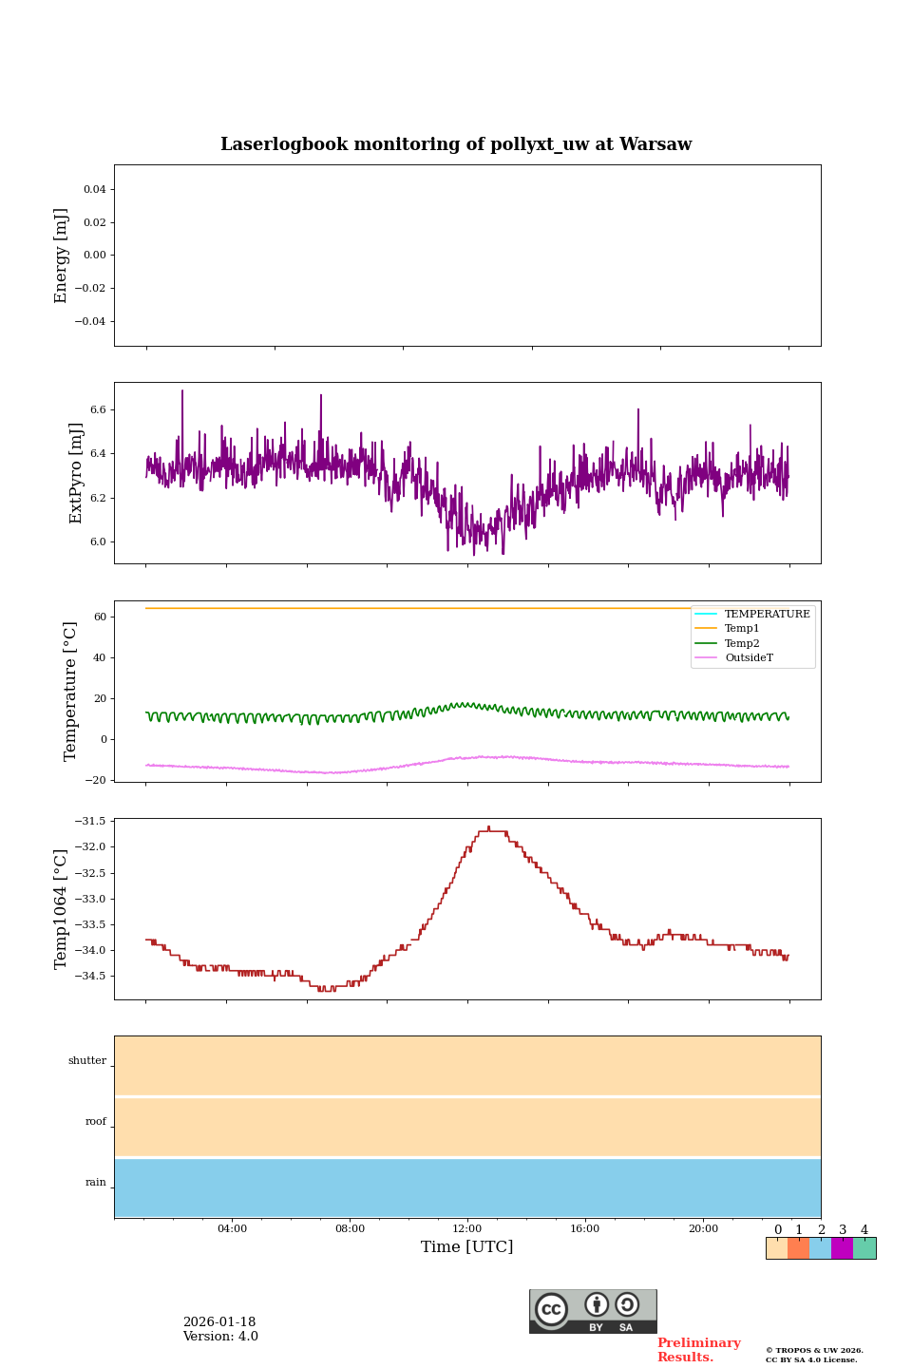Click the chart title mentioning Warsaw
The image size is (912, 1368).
(456, 144)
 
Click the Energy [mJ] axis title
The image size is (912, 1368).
(62, 256)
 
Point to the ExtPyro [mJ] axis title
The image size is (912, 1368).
(77, 473)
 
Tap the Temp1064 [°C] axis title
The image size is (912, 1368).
(62, 909)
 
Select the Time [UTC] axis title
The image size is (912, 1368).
(467, 1247)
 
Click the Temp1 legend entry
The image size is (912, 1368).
(742, 629)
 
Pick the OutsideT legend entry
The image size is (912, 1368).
(749, 658)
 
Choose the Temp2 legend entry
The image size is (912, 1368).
(742, 644)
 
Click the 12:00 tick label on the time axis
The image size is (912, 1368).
(467, 1229)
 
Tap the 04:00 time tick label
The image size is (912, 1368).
(232, 1229)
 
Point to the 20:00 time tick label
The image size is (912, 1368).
(703, 1229)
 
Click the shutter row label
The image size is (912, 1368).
(87, 1061)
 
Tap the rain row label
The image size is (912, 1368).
(96, 1183)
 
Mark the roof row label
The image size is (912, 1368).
(96, 1122)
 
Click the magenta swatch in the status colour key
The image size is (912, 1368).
(842, 1248)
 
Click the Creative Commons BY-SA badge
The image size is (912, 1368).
(593, 1311)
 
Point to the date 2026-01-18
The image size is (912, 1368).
(219, 1322)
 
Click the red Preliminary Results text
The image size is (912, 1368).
(698, 1350)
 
